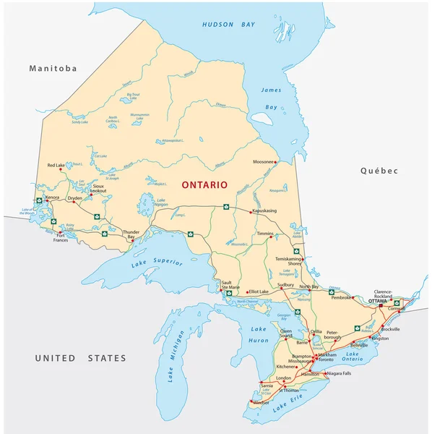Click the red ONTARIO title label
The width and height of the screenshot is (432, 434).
(204, 184)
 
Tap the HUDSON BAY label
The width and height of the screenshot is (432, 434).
(228, 25)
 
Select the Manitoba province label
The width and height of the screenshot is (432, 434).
(53, 69)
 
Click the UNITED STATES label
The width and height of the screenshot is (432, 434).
(81, 358)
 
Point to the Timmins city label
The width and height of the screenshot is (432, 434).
(264, 234)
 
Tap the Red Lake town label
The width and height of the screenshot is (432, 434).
(56, 166)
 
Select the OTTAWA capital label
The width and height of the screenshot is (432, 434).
(378, 300)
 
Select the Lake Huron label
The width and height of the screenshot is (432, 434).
(258, 335)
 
